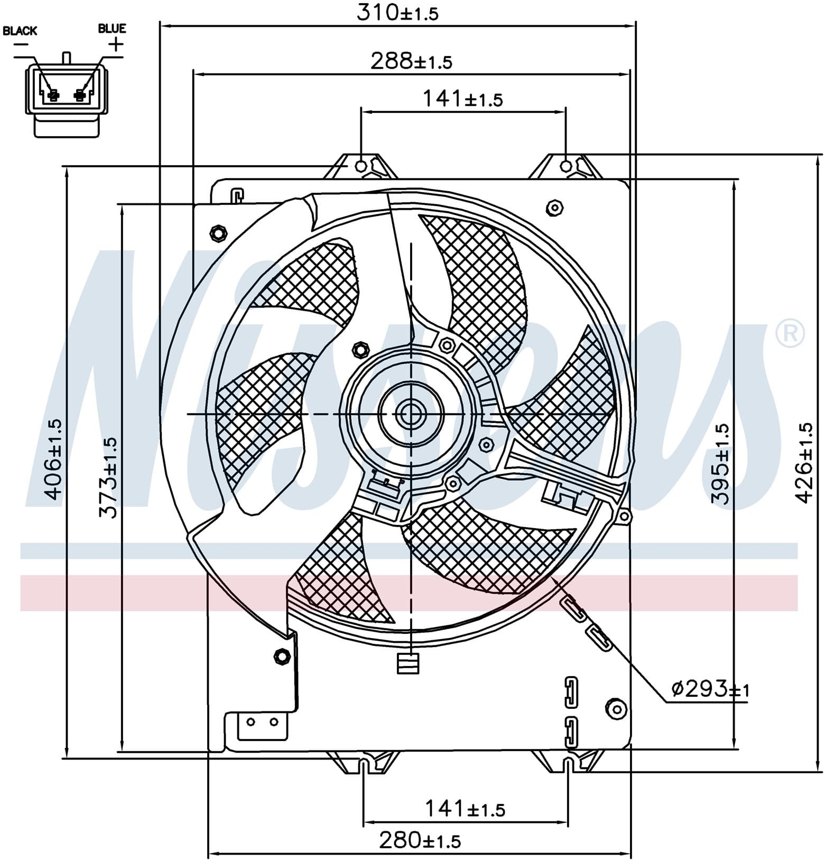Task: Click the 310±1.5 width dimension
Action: [397, 12]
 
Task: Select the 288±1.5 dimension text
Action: [411, 61]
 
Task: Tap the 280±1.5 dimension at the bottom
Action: [420, 840]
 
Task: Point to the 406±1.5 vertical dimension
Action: [53, 459]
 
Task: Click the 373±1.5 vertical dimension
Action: [109, 477]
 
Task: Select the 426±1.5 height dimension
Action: [804, 462]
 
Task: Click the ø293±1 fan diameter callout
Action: [710, 689]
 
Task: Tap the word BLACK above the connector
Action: [20, 31]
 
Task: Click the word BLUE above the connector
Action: [112, 28]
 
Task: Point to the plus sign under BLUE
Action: [115, 44]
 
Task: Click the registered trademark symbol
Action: [790, 333]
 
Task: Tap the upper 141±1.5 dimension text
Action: [462, 99]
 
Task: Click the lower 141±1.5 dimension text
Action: [465, 809]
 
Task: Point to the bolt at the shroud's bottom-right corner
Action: [615, 708]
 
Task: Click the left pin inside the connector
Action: [52, 96]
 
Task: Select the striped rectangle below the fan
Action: [408, 663]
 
